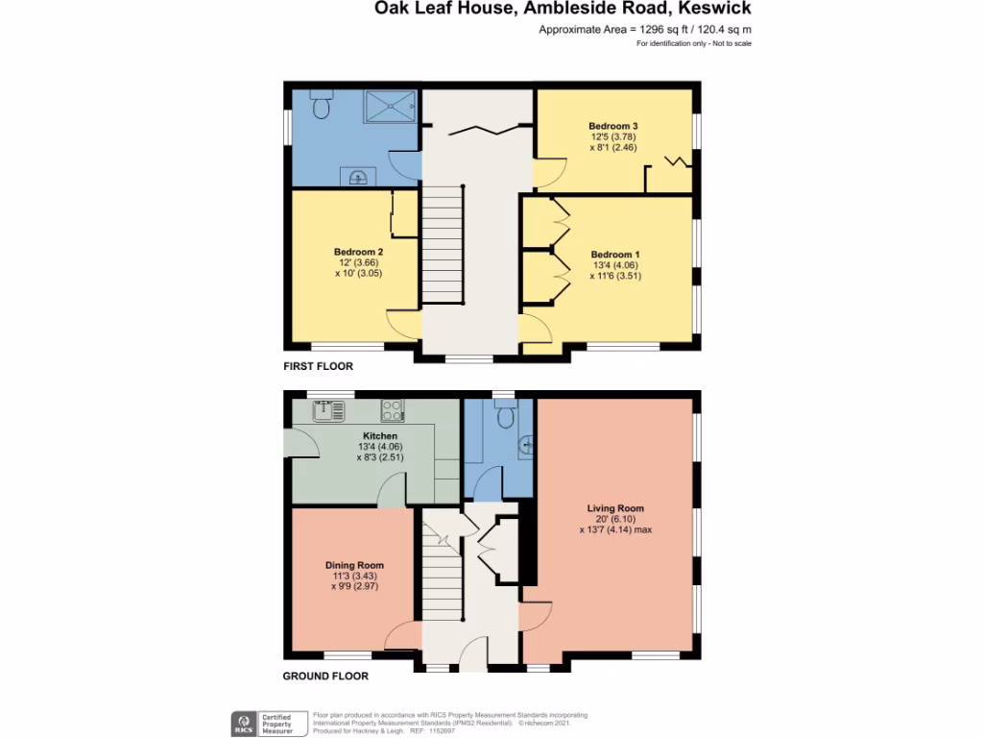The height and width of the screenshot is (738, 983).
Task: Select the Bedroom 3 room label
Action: (x=613, y=126)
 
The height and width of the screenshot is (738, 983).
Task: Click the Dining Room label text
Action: (x=354, y=565)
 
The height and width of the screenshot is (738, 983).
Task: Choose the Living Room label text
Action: (x=615, y=508)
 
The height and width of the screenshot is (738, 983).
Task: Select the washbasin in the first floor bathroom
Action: (x=358, y=176)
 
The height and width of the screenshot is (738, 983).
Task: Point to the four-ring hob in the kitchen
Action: (x=393, y=411)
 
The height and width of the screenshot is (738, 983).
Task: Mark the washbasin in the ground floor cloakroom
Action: (x=525, y=445)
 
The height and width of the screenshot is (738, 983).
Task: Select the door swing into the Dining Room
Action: (x=404, y=634)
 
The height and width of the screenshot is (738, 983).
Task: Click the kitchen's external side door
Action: (x=301, y=443)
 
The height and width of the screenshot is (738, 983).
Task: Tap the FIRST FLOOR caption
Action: (x=318, y=366)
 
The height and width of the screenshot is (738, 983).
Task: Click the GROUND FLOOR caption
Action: (x=325, y=676)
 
